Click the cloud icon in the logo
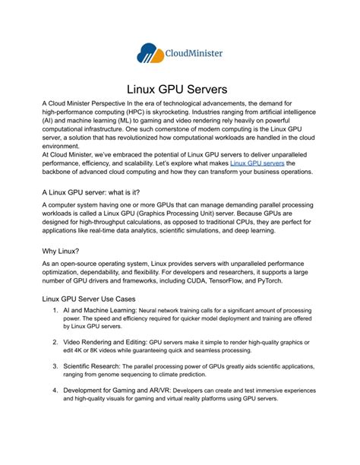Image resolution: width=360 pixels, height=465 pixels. (x=150, y=52)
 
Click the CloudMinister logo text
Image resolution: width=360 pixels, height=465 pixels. (x=194, y=53)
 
